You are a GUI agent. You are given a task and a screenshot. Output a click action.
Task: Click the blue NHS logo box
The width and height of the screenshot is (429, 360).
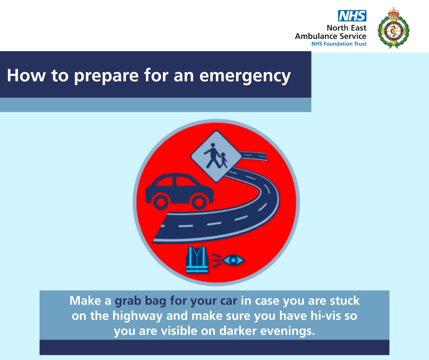(352, 16)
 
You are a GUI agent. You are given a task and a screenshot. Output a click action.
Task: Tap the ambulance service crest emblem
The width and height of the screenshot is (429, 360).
(393, 28)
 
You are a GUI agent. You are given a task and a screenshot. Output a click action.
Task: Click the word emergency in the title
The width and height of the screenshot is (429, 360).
(245, 76)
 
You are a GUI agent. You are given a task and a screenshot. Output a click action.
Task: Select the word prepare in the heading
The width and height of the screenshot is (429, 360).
(106, 76)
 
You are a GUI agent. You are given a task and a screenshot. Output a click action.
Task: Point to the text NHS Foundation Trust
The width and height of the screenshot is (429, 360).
(339, 44)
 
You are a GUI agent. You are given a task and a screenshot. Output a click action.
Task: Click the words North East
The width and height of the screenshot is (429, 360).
(346, 28)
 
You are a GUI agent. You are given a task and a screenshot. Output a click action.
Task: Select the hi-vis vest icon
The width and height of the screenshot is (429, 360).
(197, 259)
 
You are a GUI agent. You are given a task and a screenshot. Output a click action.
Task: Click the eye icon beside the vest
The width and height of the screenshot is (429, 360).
(233, 260)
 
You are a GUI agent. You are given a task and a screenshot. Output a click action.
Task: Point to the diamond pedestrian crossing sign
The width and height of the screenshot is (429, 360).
(216, 156)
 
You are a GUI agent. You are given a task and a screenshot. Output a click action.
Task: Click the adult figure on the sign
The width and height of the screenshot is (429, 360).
(212, 155)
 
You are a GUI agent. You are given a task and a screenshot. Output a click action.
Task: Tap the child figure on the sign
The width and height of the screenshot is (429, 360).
(224, 160)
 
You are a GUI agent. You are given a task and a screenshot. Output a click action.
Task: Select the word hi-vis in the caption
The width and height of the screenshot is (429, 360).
(325, 316)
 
